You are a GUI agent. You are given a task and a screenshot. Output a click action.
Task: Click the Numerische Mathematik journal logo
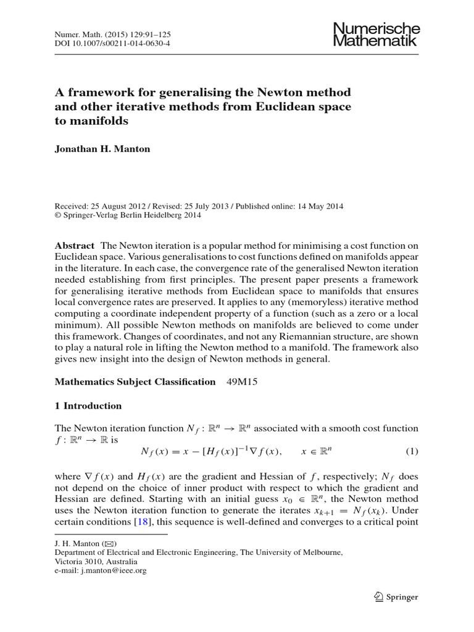(x=376, y=35)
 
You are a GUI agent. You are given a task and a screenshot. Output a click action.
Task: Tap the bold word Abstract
(x=75, y=245)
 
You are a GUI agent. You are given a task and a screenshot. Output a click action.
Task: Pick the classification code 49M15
(x=242, y=382)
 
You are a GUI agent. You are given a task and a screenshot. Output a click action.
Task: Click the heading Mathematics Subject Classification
(x=135, y=382)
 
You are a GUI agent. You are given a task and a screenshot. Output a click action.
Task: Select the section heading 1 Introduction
(x=88, y=406)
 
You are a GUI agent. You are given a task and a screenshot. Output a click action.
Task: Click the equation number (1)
(x=412, y=452)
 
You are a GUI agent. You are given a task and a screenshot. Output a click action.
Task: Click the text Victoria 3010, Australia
(x=96, y=562)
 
